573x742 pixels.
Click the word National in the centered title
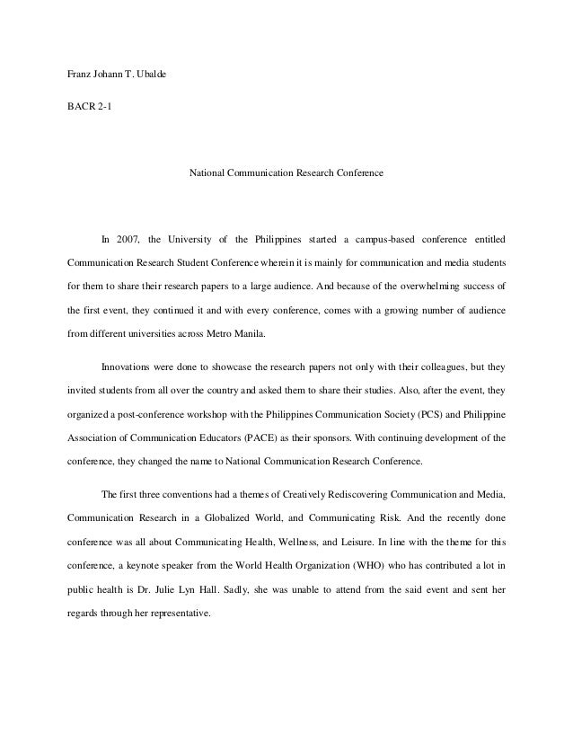pyautogui.click(x=207, y=170)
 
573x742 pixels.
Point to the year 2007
pyautogui.click(x=130, y=240)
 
